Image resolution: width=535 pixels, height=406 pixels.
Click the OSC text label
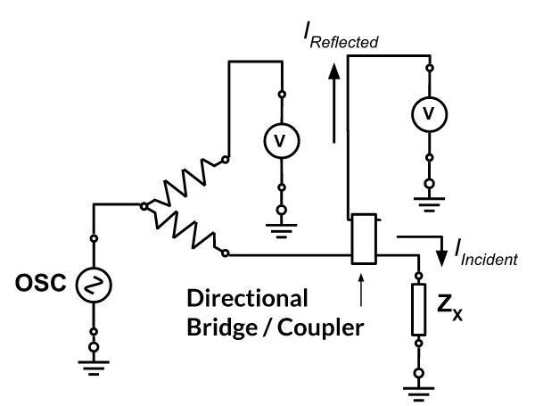pyautogui.click(x=41, y=283)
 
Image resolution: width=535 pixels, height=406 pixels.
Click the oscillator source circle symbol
pyautogui.click(x=94, y=285)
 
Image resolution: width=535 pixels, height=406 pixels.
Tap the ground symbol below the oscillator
pyautogui.click(x=94, y=368)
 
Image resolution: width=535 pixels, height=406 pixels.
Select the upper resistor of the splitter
pyautogui.click(x=185, y=183)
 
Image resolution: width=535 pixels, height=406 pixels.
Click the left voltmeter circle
pyautogui.click(x=282, y=140)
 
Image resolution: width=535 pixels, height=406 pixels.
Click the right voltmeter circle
pyautogui.click(x=429, y=114)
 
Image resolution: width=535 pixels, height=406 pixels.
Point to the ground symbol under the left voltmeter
pyautogui.click(x=281, y=230)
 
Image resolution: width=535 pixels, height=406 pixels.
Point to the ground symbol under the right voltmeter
pyautogui.click(x=429, y=204)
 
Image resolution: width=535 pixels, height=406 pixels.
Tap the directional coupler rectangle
pyautogui.click(x=364, y=239)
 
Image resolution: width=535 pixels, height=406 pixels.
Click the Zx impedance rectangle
pyautogui.click(x=419, y=310)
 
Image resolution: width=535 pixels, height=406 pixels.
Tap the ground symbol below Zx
pyautogui.click(x=419, y=394)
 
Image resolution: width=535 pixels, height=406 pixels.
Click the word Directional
pyautogui.click(x=247, y=298)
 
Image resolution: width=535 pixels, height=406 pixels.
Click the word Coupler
pyautogui.click(x=320, y=328)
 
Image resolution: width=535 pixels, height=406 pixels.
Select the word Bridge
pyautogui.click(x=222, y=327)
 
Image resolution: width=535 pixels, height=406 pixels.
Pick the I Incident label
pyautogui.click(x=486, y=253)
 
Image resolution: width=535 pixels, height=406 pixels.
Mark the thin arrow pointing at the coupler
pyautogui.click(x=361, y=290)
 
